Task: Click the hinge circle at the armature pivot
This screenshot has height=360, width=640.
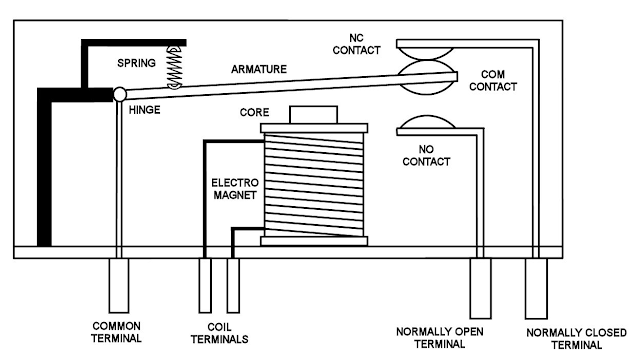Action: click(120, 94)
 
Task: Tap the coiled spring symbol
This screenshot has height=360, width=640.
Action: click(175, 67)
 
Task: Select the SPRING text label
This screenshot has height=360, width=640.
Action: click(136, 63)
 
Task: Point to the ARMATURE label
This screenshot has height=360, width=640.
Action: click(259, 69)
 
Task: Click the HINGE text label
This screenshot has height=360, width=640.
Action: click(144, 110)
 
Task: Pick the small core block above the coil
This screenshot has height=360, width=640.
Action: click(313, 115)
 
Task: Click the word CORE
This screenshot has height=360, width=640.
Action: click(254, 112)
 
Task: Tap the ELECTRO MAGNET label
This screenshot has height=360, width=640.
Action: click(235, 189)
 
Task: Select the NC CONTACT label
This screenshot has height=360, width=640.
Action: click(356, 44)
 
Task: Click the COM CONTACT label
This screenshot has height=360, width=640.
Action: click(493, 80)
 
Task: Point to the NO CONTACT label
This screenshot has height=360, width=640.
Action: click(426, 156)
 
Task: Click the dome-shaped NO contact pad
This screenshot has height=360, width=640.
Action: click(426, 122)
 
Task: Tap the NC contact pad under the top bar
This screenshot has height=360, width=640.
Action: click(426, 53)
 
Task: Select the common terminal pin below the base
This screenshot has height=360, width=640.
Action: click(119, 285)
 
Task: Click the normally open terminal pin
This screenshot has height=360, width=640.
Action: click(480, 288)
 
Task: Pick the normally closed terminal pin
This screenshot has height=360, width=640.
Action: click(536, 288)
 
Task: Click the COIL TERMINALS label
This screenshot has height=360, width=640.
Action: click(219, 333)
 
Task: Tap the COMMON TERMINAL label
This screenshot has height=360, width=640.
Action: click(116, 332)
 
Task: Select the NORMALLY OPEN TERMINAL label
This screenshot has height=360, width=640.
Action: click(440, 338)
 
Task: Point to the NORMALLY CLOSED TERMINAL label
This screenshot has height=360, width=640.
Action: click(576, 339)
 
